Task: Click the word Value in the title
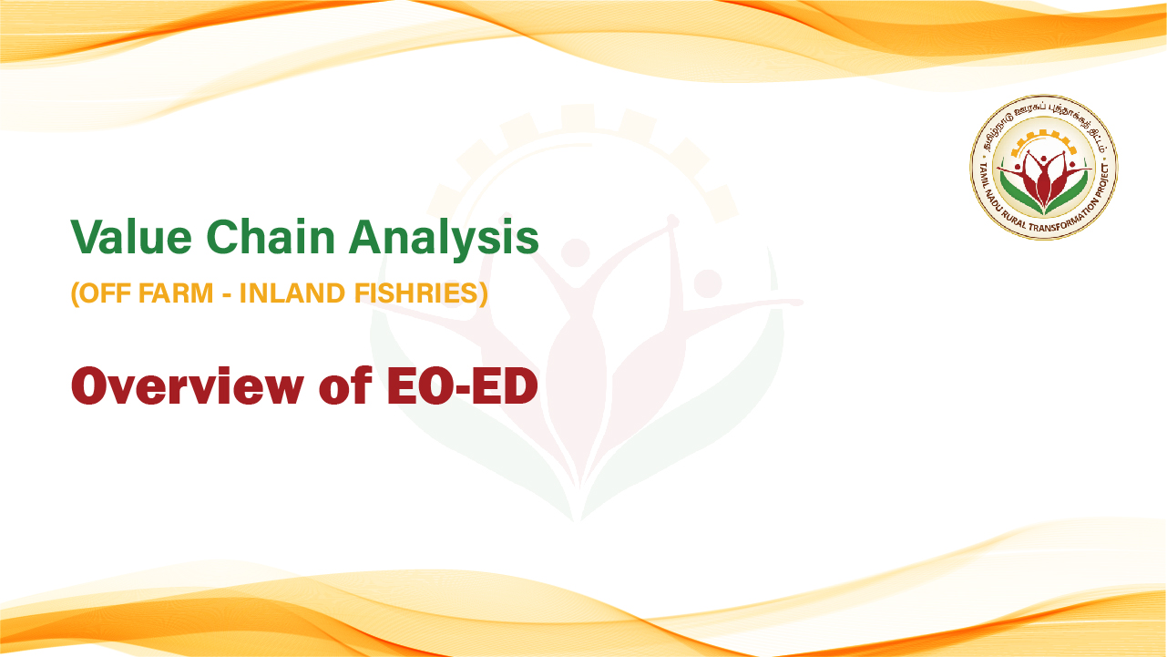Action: tap(131, 237)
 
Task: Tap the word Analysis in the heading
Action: tap(444, 240)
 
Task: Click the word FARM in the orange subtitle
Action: tap(176, 293)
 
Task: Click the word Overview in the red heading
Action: tap(188, 386)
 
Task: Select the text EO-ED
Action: tap(463, 386)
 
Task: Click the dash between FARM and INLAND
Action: tap(227, 294)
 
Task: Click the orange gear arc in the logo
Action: tap(1043, 137)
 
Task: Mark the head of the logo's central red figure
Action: tap(1043, 159)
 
